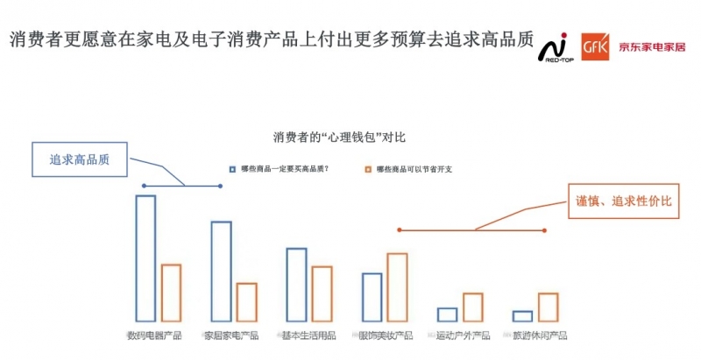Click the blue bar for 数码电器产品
click(x=145, y=258)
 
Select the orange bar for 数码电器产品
click(x=171, y=292)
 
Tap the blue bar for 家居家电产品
click(x=221, y=271)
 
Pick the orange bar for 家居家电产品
click(x=247, y=301)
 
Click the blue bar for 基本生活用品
click(x=296, y=284)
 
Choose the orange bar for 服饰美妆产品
click(x=397, y=286)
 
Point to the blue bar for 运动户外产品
click(x=448, y=314)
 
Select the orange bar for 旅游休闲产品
click(x=549, y=307)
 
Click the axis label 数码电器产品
click(x=154, y=335)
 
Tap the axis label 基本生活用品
click(x=308, y=335)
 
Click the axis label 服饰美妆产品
click(x=386, y=335)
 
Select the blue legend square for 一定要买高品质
click(x=232, y=168)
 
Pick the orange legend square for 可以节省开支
click(x=369, y=168)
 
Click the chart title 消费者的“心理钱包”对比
click(x=339, y=138)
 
